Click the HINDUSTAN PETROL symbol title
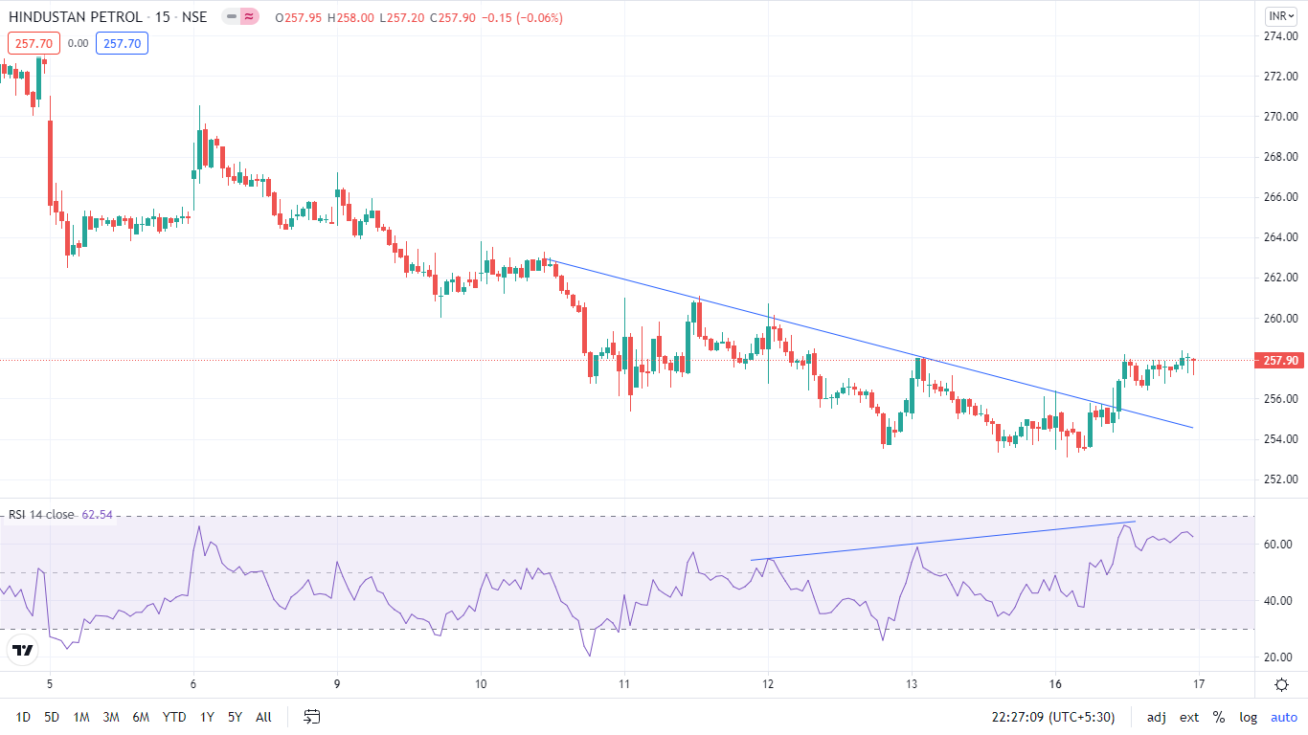point(76,17)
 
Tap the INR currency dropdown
point(1280,16)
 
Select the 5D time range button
point(52,717)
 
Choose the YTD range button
point(174,717)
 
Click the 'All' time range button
point(263,717)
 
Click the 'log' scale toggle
point(1249,717)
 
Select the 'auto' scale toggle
point(1283,717)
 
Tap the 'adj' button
point(1157,717)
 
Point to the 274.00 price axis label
point(1280,36)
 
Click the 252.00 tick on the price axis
point(1280,479)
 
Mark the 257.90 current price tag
point(1280,361)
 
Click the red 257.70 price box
point(34,43)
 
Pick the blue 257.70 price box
point(122,43)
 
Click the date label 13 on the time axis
point(912,684)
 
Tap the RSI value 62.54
point(97,515)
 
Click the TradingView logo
point(22,651)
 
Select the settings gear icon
point(1281,684)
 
